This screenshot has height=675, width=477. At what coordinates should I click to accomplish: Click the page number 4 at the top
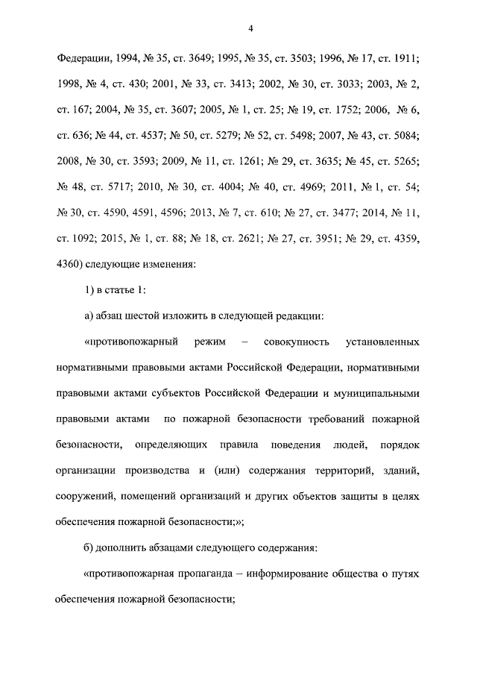(x=251, y=29)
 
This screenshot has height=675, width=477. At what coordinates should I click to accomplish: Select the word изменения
(x=167, y=263)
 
